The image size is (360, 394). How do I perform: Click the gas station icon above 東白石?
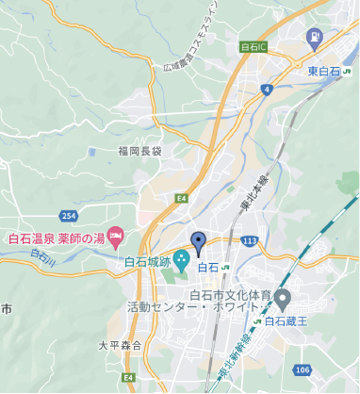click(x=314, y=40)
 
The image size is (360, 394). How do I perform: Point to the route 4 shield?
click(x=268, y=90)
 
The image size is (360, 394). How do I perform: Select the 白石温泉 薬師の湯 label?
click(x=56, y=237)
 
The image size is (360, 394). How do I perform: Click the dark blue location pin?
click(x=199, y=242)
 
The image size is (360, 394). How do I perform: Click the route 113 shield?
click(x=248, y=240)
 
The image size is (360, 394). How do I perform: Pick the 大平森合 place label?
click(x=119, y=346)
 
